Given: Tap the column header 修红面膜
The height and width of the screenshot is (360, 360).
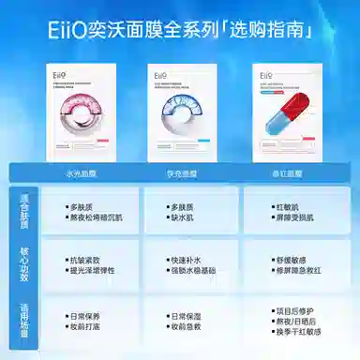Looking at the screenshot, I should tap(281, 174).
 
